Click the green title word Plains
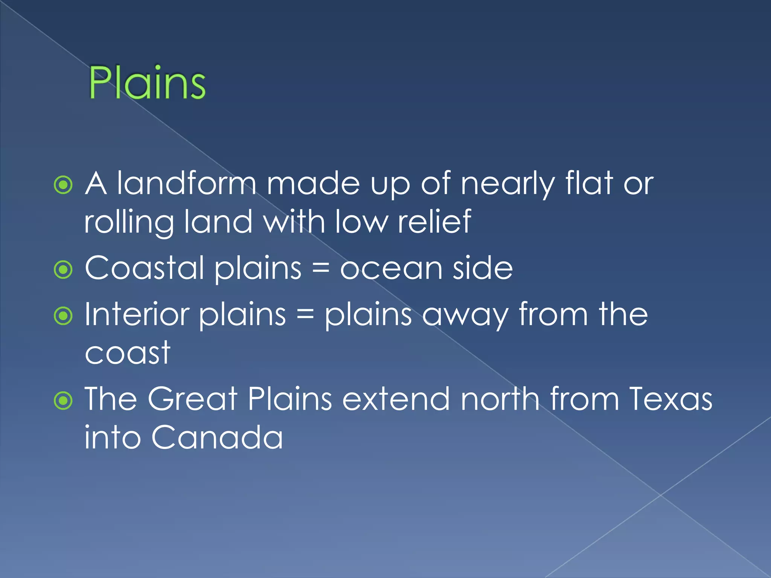point(147,83)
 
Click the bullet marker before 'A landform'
point(63,185)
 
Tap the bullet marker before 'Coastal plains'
point(63,269)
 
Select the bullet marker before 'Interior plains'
point(63,316)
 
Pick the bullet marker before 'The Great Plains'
point(63,401)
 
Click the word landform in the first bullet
point(186,184)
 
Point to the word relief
point(434,222)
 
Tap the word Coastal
point(145,268)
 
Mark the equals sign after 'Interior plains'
point(305,315)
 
